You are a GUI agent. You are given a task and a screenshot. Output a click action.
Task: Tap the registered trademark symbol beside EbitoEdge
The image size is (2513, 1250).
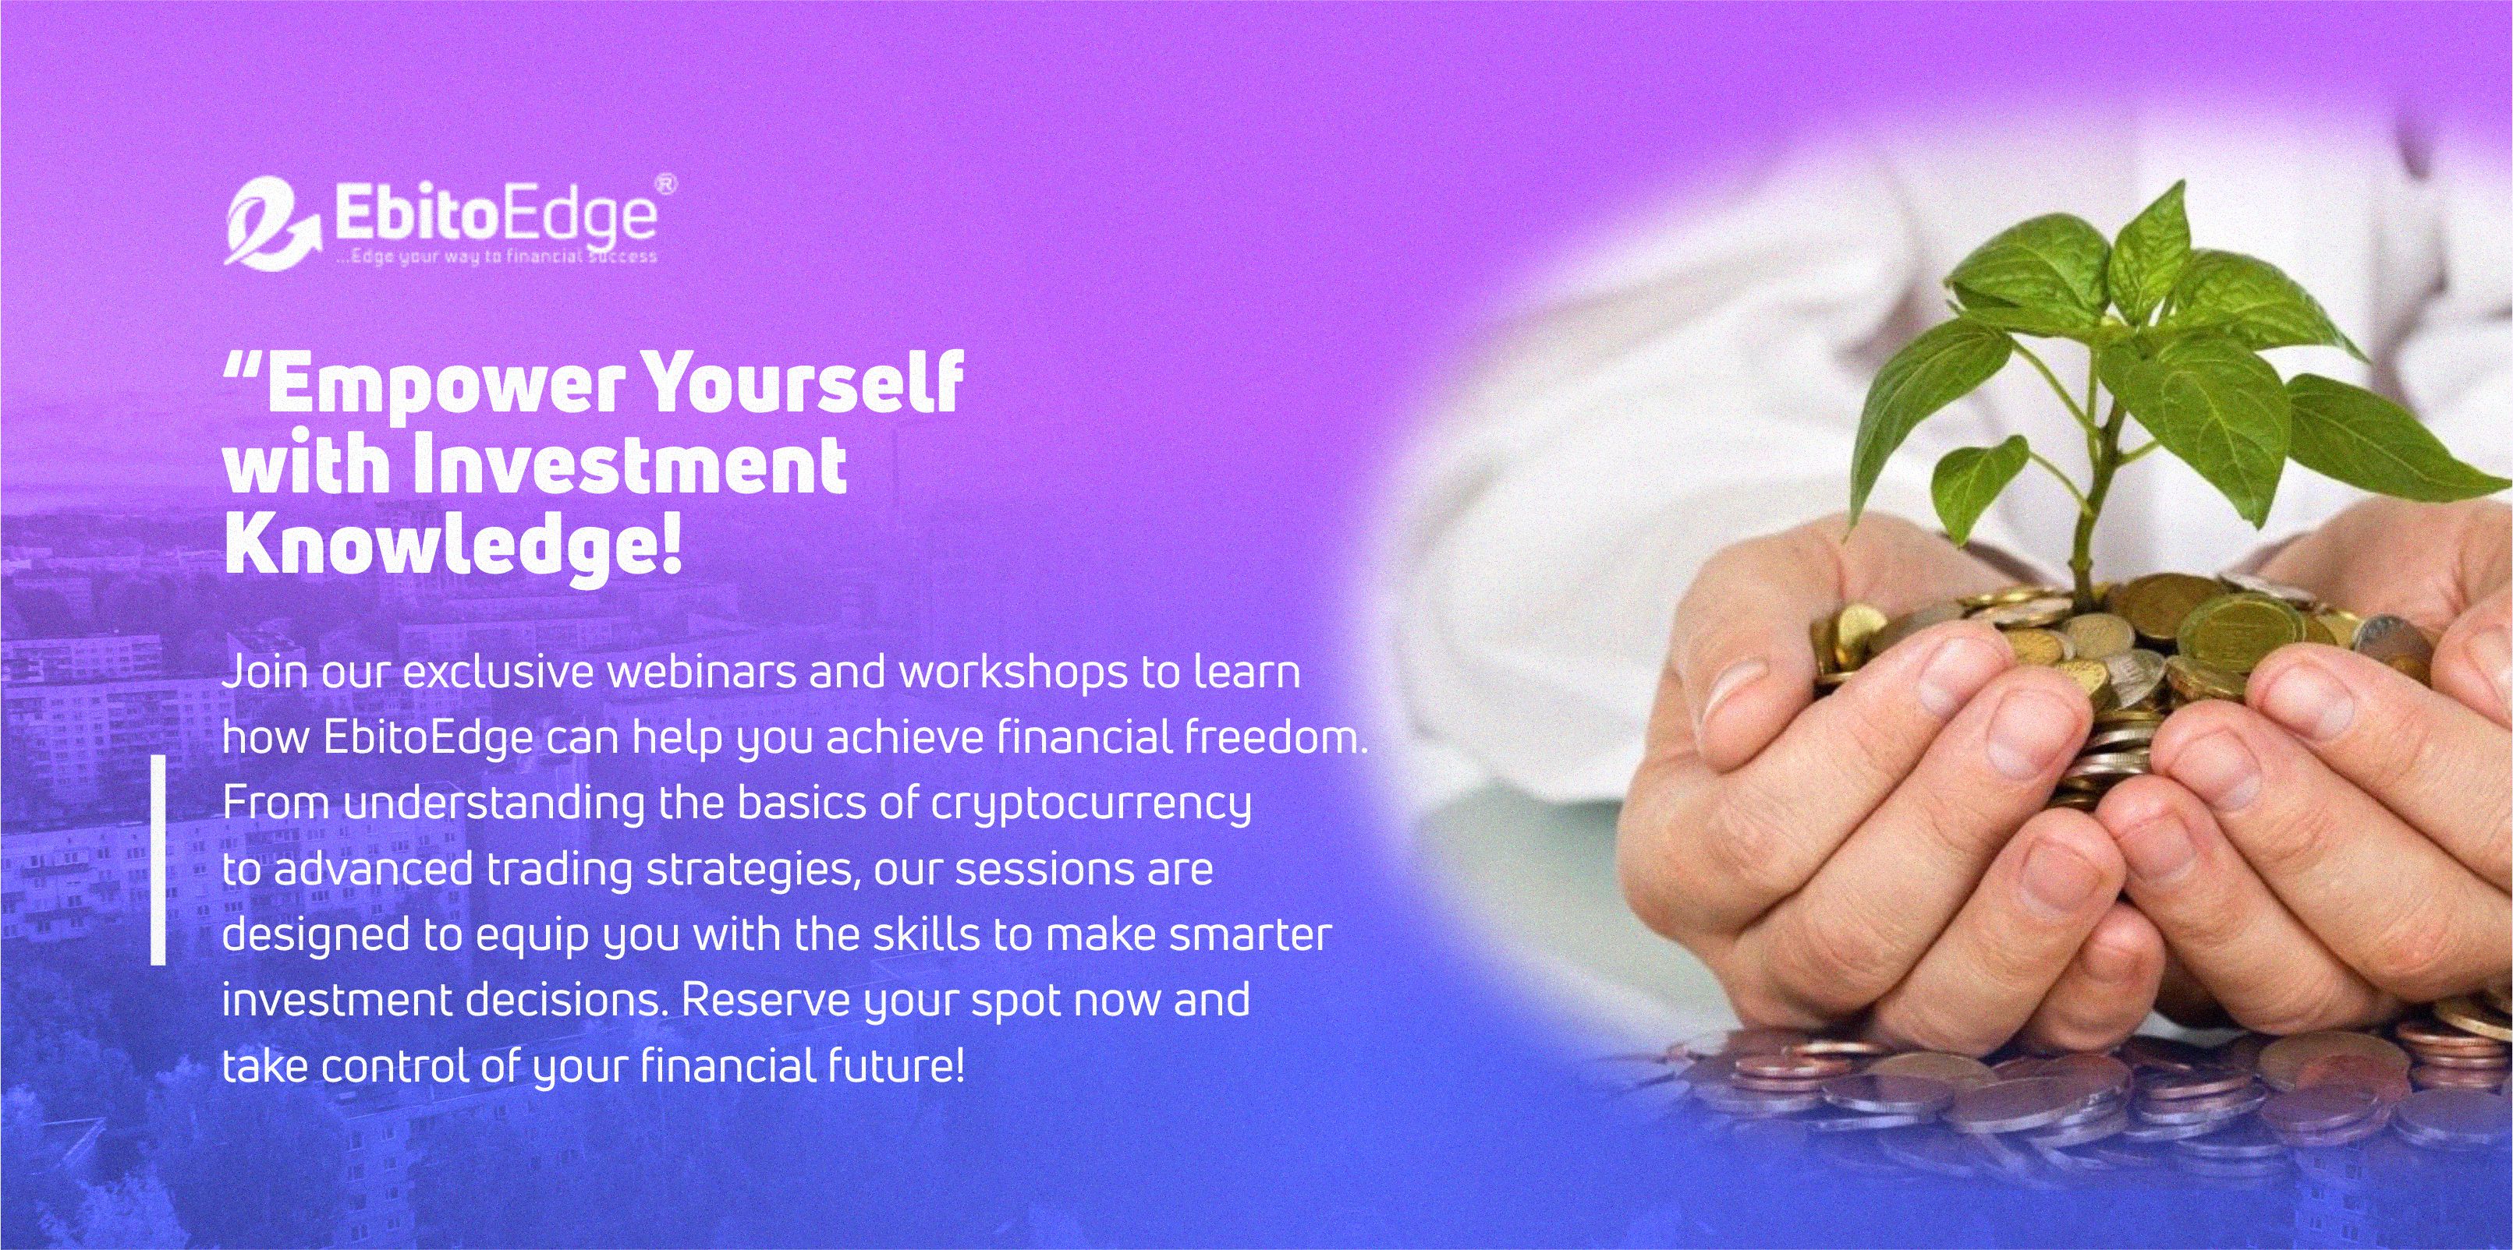[x=665, y=183]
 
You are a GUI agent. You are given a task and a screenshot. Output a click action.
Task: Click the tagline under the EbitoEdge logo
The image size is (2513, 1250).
[x=495, y=256]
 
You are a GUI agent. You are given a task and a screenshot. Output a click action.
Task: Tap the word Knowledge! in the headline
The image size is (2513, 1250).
[x=452, y=546]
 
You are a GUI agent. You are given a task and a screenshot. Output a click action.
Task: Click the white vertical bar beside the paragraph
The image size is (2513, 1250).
[x=158, y=860]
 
